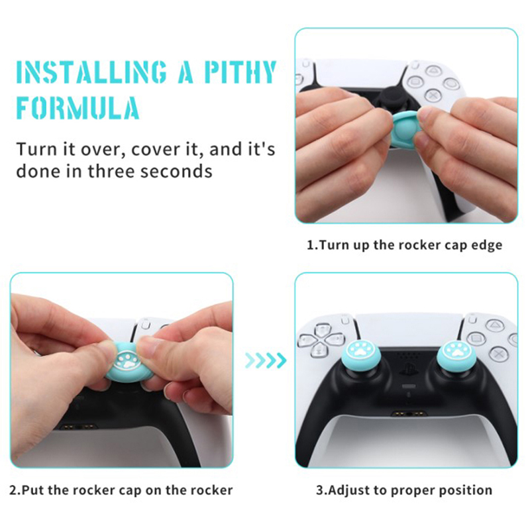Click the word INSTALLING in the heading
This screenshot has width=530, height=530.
[91, 72]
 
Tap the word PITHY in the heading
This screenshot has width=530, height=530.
[240, 72]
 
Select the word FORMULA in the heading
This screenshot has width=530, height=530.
[78, 107]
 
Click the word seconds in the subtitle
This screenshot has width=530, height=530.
[176, 171]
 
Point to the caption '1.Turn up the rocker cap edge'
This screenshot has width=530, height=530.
[404, 245]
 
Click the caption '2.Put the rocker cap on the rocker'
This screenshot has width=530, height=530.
[121, 490]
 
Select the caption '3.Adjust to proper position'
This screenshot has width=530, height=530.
[404, 490]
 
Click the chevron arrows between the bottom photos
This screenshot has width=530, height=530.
[266, 360]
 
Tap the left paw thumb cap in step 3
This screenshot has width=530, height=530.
[360, 356]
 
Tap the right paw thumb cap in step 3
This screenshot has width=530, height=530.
[457, 356]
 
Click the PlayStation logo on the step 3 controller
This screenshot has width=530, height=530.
[409, 370]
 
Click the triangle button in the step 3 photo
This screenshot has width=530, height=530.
[494, 325]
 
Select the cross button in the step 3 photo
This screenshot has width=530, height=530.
[499, 354]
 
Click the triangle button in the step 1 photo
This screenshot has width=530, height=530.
[431, 70]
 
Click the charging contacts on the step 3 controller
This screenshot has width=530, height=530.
[409, 413]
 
